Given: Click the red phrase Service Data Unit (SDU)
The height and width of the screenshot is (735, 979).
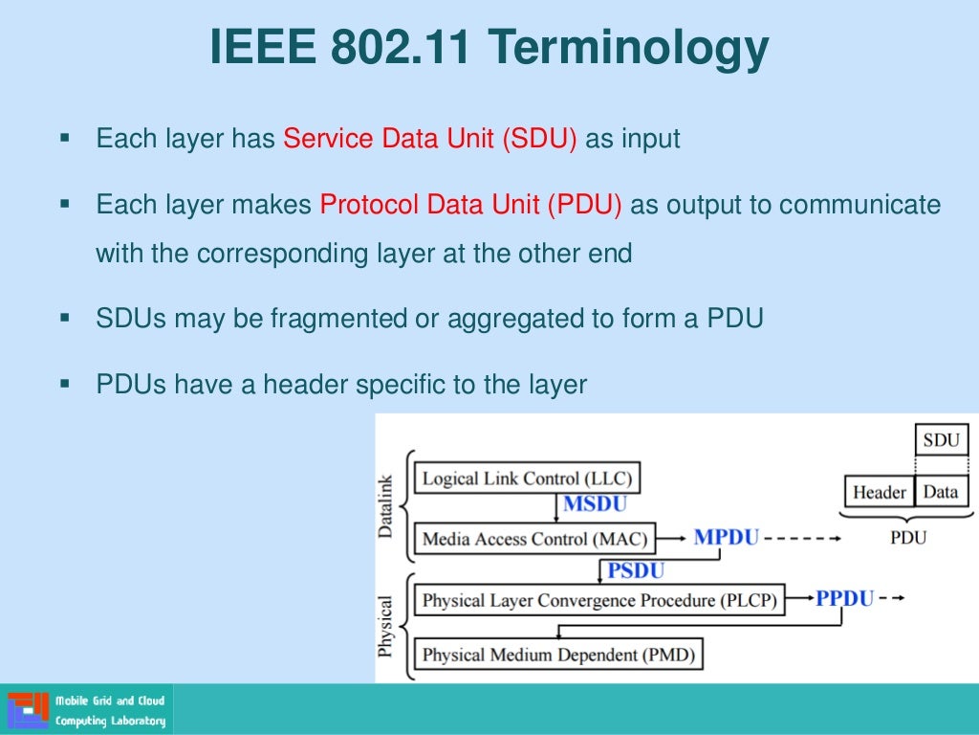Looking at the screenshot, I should tap(430, 139).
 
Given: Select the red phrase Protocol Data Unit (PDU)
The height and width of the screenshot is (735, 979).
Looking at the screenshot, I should tap(470, 205).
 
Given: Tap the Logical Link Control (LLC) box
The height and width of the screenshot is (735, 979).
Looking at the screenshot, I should tap(527, 478).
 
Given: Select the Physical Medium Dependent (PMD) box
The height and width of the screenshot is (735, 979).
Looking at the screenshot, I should tap(558, 656).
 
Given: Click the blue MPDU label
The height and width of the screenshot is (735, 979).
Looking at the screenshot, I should tap(727, 537).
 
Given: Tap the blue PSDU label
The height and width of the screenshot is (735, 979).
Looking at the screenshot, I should tap(636, 571).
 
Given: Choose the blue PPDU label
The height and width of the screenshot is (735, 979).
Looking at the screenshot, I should tap(844, 599).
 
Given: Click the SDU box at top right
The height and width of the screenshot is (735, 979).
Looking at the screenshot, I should tap(941, 440).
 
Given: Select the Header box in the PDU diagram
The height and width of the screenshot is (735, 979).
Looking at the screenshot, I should tap(879, 493).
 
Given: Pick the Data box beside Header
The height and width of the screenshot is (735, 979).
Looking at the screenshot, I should tap(941, 493).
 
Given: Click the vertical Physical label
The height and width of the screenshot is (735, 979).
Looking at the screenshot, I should tap(386, 627).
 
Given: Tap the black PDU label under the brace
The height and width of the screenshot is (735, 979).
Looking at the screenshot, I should tap(907, 538).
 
